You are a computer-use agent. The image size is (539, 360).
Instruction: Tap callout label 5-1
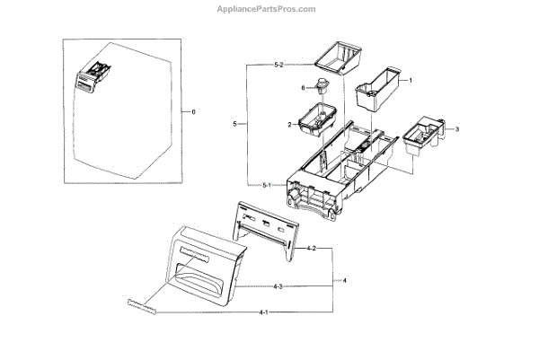coord(267,185)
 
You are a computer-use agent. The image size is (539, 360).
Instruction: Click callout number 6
coord(304,87)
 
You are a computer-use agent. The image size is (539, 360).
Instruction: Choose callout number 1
coord(411,81)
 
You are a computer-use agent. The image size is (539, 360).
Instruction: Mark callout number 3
coord(456,130)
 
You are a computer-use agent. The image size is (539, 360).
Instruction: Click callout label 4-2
coord(312,247)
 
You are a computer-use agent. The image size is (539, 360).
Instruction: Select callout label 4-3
coord(278,286)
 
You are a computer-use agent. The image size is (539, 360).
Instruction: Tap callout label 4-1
coord(263,312)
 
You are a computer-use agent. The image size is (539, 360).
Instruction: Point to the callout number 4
coord(345,280)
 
